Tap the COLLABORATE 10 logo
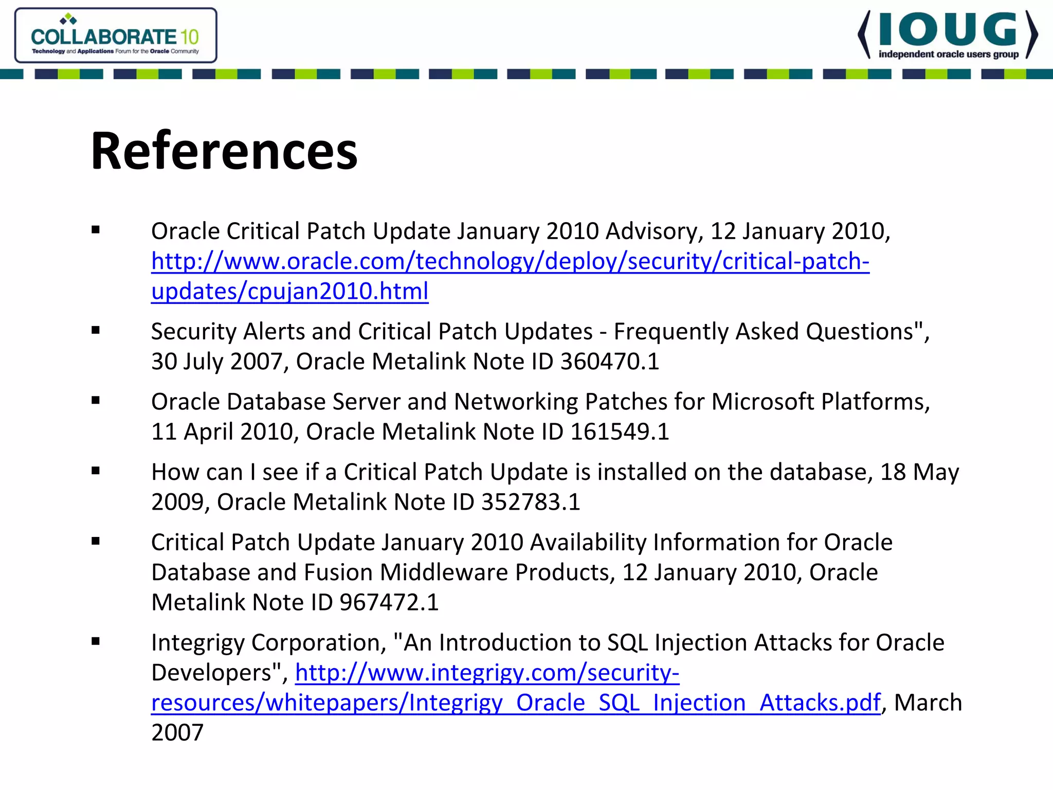[116, 35]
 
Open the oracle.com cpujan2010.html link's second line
[289, 291]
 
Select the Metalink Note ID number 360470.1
[610, 362]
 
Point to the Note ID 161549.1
[620, 432]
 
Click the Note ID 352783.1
[531, 502]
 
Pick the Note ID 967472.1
[389, 602]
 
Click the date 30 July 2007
[216, 362]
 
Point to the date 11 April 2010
[221, 432]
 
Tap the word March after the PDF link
[928, 703]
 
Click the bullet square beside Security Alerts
[96, 330]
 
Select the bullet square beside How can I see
[96, 471]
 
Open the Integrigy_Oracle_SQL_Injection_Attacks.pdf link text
[516, 703]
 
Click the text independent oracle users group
[948, 55]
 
